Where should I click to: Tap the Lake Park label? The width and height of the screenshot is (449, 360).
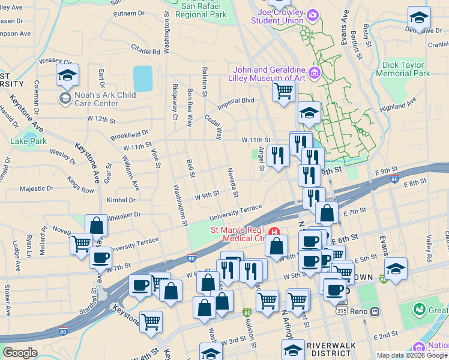click(28, 142)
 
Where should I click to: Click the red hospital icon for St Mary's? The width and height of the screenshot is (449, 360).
click(275, 232)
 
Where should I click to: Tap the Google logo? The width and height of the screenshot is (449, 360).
click(20, 353)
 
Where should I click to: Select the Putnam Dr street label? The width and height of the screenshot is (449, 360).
click(128, 13)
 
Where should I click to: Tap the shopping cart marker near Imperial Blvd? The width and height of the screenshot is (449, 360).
click(283, 91)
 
